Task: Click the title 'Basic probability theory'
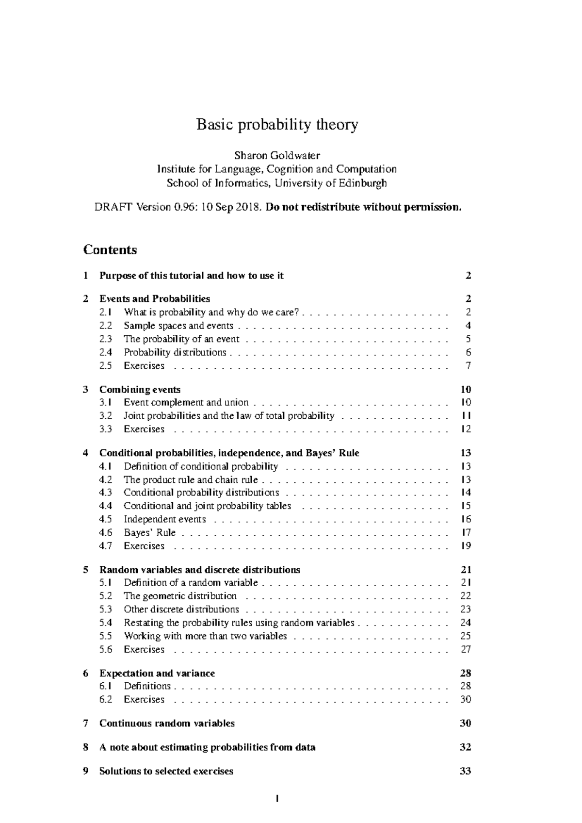(x=277, y=125)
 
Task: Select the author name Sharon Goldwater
(x=277, y=155)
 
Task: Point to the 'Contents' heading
(x=110, y=250)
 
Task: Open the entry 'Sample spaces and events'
(x=178, y=326)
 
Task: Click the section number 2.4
(x=105, y=352)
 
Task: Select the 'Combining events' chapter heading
(x=140, y=389)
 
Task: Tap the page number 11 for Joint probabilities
(x=466, y=415)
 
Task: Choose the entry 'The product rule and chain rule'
(x=191, y=479)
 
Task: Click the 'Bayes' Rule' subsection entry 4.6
(x=150, y=532)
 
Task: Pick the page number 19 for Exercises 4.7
(x=466, y=546)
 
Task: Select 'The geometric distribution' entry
(x=180, y=596)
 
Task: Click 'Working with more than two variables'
(x=205, y=636)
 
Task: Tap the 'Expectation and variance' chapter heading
(x=157, y=673)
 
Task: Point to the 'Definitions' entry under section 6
(x=147, y=686)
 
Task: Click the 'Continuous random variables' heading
(x=167, y=723)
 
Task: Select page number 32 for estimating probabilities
(x=465, y=747)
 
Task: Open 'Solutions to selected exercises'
(x=166, y=771)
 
